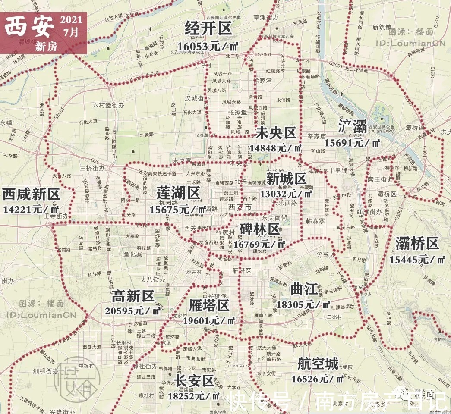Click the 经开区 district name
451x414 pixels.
point(208,29)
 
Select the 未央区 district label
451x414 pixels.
point(276,133)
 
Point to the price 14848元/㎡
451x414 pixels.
point(276,148)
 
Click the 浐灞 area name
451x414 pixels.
point(352,127)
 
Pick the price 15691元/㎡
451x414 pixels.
point(352,143)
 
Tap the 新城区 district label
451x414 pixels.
point(286,179)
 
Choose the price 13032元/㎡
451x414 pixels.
point(286,194)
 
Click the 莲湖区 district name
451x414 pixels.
point(178,194)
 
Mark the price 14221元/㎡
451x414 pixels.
point(31,210)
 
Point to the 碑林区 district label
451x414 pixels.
point(260,229)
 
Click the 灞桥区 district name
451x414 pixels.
point(417,244)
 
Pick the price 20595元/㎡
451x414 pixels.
point(133,310)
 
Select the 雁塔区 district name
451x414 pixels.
point(209,306)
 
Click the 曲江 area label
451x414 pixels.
point(304,288)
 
